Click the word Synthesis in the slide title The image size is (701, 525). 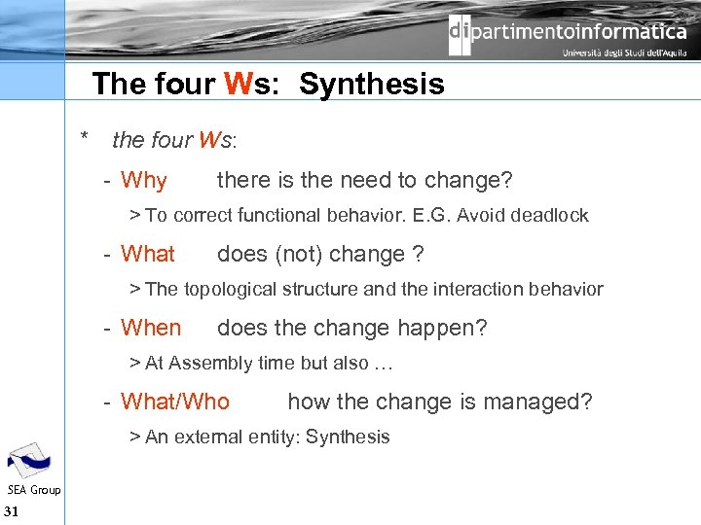(x=372, y=85)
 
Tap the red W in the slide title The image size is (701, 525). (x=240, y=85)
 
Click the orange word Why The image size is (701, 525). (x=144, y=181)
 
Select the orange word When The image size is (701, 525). (x=151, y=329)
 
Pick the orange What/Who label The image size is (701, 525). (x=175, y=402)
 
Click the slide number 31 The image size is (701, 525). (x=12, y=512)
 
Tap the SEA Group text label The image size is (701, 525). (x=33, y=490)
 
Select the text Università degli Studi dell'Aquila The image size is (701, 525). (x=623, y=54)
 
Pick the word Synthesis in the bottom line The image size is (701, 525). (x=348, y=437)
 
